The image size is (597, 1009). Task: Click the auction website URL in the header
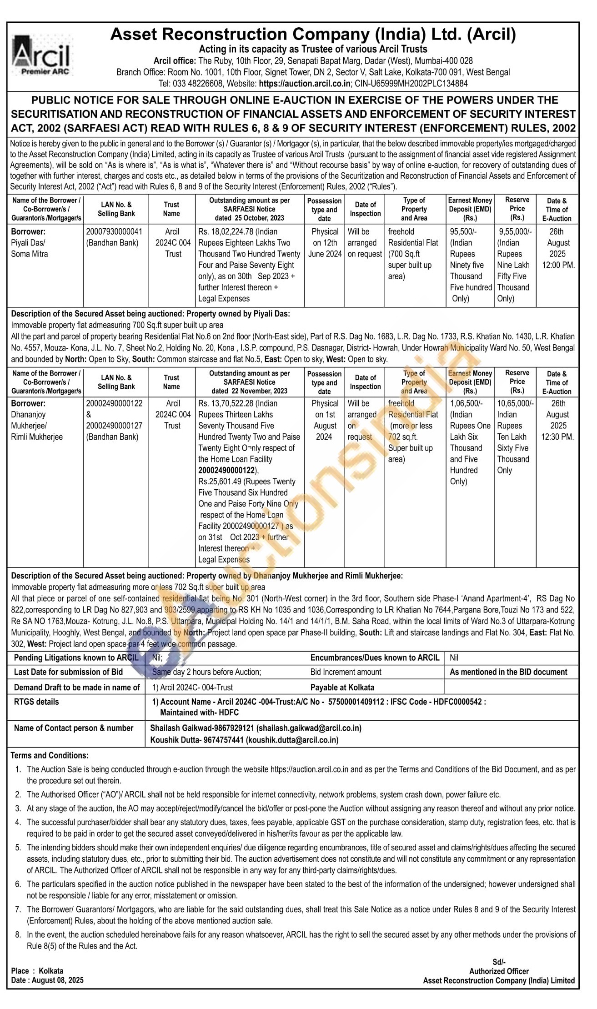pyautogui.click(x=304, y=84)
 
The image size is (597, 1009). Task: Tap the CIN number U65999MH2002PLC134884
pyautogui.click(x=424, y=84)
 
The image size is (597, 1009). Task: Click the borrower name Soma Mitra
pyautogui.click(x=29, y=254)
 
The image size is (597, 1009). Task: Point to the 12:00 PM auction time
pyautogui.click(x=558, y=265)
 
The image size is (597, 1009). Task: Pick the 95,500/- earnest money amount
pyautogui.click(x=463, y=231)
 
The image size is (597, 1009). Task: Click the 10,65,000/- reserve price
pyautogui.click(x=516, y=403)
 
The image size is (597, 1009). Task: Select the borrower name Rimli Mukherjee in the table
pyautogui.click(x=37, y=437)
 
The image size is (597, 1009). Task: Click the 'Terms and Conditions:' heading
pyautogui.click(x=50, y=755)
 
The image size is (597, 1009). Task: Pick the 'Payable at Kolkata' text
pyautogui.click(x=342, y=687)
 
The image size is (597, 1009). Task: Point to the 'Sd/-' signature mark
pyautogui.click(x=499, y=962)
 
